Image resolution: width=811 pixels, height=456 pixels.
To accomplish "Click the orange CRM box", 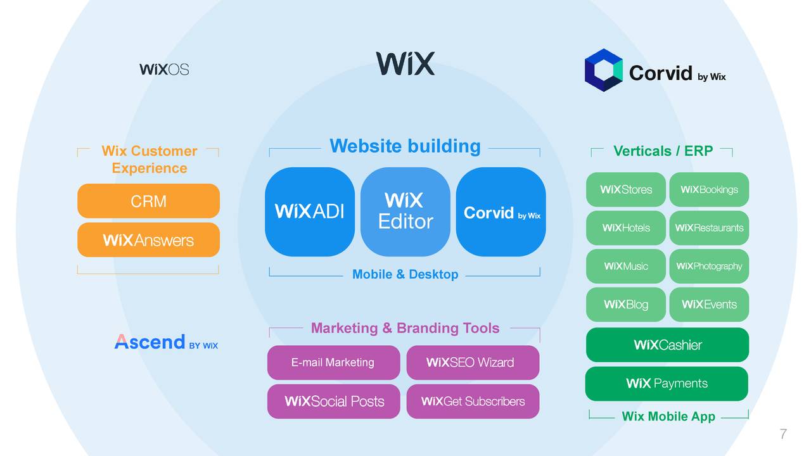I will pyautogui.click(x=148, y=201).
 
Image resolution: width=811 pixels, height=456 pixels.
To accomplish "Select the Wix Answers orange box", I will pyautogui.click(x=148, y=240).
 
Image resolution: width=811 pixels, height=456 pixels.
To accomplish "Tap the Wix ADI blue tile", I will pyautogui.click(x=310, y=212).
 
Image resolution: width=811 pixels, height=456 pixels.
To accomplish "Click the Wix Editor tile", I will pyautogui.click(x=405, y=212).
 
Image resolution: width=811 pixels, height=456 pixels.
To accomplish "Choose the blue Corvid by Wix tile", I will pyautogui.click(x=501, y=212).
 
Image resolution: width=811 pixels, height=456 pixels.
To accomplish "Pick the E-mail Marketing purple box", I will pyautogui.click(x=333, y=362).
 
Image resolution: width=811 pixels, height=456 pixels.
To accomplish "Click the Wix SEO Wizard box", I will pyautogui.click(x=473, y=362).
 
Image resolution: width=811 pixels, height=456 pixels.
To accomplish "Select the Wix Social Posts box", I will pyautogui.click(x=333, y=401).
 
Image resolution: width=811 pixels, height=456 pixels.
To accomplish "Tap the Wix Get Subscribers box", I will pyautogui.click(x=473, y=401).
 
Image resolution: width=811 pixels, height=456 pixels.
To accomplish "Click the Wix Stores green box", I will pyautogui.click(x=625, y=189).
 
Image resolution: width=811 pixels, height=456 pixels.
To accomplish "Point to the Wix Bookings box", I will pyautogui.click(x=709, y=189).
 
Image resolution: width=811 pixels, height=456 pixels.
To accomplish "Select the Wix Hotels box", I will pyautogui.click(x=625, y=228).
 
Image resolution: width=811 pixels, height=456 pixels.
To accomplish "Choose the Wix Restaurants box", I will pyautogui.click(x=709, y=228).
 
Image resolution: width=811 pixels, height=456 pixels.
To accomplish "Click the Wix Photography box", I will pyautogui.click(x=709, y=266).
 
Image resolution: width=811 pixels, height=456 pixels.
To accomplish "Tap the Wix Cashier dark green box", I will pyautogui.click(x=667, y=345).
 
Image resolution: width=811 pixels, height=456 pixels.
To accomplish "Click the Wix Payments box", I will pyautogui.click(x=667, y=383).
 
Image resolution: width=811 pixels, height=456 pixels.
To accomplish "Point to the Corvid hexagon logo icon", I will pyautogui.click(x=603, y=70).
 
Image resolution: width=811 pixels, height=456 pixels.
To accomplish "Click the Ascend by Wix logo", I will pyautogui.click(x=166, y=343).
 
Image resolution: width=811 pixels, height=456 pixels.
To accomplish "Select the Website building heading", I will pyautogui.click(x=405, y=146).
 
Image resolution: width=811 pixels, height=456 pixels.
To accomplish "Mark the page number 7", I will pyautogui.click(x=783, y=434).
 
